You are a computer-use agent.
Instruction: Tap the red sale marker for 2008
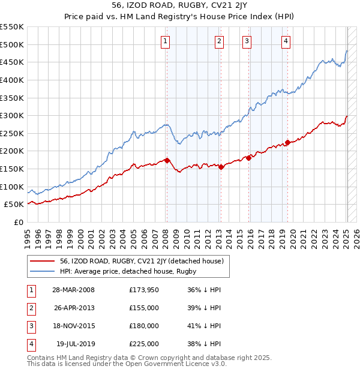[167, 160]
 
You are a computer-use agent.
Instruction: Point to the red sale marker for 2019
[287, 142]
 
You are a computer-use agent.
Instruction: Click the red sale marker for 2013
[221, 167]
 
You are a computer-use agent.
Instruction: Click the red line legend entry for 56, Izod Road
[142, 261]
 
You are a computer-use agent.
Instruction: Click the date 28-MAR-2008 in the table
[73, 290]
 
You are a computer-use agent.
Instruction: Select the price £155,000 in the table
[144, 308]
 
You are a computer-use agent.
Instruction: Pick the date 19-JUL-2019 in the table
[73, 344]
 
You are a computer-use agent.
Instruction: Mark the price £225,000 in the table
[144, 344]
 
